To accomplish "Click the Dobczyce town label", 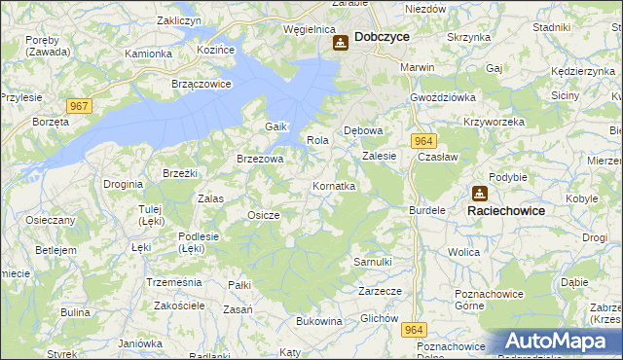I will pyautogui.click(x=382, y=36).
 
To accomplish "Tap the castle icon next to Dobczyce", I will pyautogui.click(x=340, y=43).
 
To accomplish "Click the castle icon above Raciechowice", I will pyautogui.click(x=480, y=193).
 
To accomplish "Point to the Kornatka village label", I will pyautogui.click(x=334, y=185).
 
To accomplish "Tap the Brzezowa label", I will pyautogui.click(x=260, y=159).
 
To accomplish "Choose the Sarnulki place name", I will pyautogui.click(x=372, y=262).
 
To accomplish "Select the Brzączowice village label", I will pyautogui.click(x=201, y=84).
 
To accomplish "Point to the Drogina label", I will pyautogui.click(x=124, y=183).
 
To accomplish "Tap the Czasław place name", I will pyautogui.click(x=436, y=157).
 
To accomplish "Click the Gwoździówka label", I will pyautogui.click(x=442, y=98).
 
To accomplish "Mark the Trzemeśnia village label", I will pyautogui.click(x=173, y=281).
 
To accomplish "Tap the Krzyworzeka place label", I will pyautogui.click(x=495, y=122).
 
